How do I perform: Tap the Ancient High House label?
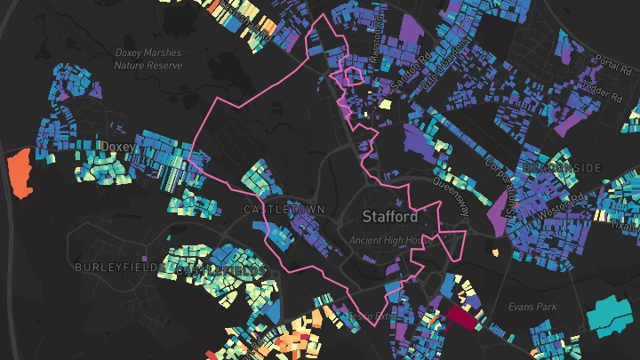coord(391,240)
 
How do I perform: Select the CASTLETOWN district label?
coord(284,209)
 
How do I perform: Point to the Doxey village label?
coord(117,146)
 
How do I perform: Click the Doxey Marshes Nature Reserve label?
coord(148,59)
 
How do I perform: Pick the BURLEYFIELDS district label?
coord(118,267)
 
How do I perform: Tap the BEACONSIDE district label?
coord(563,167)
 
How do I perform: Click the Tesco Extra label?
coord(372,315)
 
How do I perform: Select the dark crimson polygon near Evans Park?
coord(461,316)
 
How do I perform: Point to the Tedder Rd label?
coord(596,91)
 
